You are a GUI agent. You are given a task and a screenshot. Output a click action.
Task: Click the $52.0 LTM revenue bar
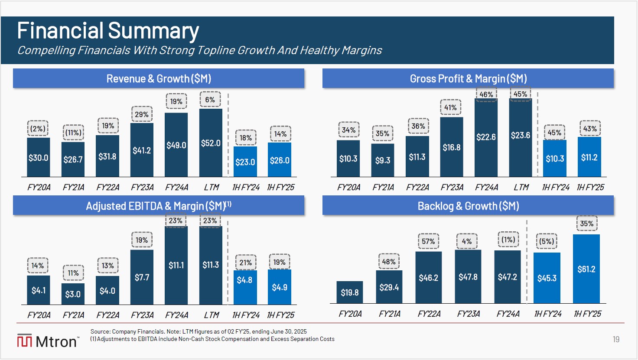(x=211, y=143)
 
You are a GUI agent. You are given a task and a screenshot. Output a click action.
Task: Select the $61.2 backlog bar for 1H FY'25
(x=586, y=269)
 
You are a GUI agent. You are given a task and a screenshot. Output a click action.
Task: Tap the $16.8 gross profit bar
(x=451, y=147)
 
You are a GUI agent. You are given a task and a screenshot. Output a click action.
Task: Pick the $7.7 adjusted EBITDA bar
(x=142, y=277)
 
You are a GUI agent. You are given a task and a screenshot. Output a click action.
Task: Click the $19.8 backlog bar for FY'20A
(x=349, y=292)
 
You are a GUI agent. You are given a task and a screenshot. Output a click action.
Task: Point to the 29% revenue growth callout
(x=142, y=114)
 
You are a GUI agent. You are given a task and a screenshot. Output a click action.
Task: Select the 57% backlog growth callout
(x=428, y=241)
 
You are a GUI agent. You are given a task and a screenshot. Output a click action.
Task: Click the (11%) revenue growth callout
(x=73, y=133)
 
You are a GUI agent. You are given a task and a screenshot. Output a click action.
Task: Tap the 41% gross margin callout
(x=450, y=107)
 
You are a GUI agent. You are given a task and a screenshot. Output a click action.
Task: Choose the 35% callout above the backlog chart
(x=587, y=224)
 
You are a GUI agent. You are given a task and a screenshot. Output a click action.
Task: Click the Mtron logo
(x=48, y=341)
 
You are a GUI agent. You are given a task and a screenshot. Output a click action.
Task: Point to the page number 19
(x=616, y=340)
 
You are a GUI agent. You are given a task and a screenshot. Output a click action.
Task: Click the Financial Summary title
(x=108, y=31)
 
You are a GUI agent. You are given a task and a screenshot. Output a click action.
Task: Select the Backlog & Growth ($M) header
(x=468, y=206)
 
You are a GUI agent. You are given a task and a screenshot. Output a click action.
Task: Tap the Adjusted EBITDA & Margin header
(x=159, y=206)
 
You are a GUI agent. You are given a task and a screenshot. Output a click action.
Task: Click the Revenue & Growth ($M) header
(x=159, y=78)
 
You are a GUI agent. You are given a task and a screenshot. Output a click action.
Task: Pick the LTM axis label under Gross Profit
(x=521, y=187)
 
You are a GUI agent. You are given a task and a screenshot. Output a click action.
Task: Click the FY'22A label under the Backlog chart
(x=429, y=314)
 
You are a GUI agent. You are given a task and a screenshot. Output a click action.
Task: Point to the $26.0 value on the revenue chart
(x=280, y=160)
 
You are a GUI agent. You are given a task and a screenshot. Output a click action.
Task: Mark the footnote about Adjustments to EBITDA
(x=212, y=339)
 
